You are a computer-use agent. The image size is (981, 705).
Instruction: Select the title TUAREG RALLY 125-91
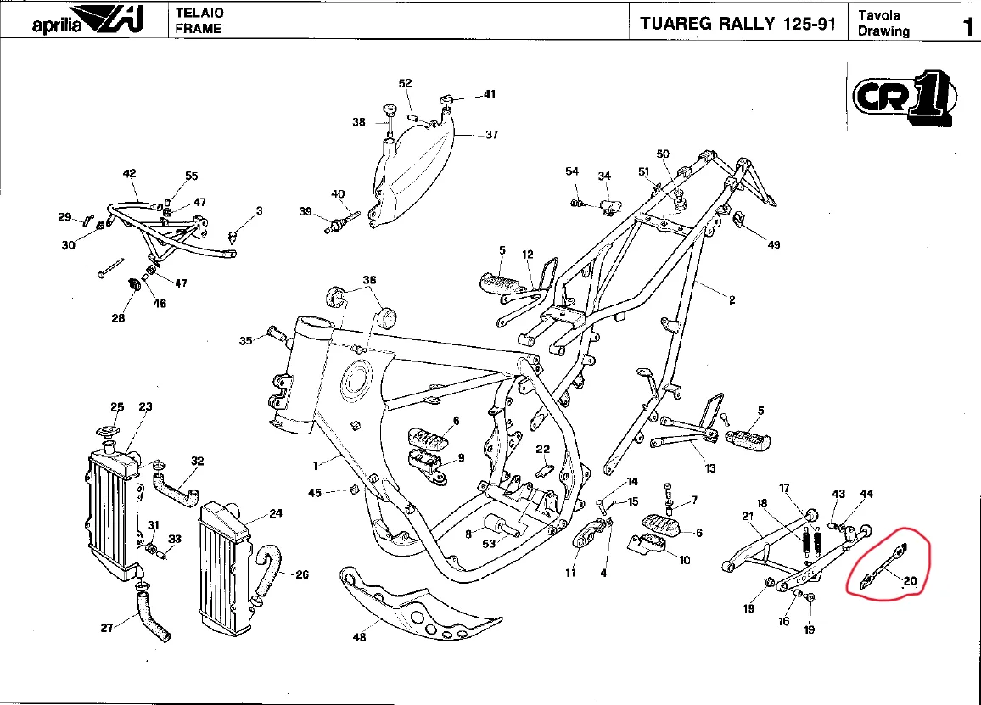pyautogui.click(x=737, y=23)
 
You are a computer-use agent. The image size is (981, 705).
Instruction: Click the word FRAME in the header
pyautogui.click(x=199, y=29)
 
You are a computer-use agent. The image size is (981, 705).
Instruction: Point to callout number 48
pyautogui.click(x=360, y=636)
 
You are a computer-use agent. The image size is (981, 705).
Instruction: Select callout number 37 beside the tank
pyautogui.click(x=491, y=135)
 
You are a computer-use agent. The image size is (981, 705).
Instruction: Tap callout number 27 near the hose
pyautogui.click(x=107, y=629)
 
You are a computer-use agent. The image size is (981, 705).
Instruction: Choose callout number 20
pyautogui.click(x=910, y=581)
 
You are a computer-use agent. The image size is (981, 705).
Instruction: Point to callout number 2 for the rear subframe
pyautogui.click(x=732, y=299)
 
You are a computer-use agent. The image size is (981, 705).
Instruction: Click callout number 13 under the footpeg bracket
pyautogui.click(x=710, y=468)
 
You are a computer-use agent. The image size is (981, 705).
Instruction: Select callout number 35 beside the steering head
pyautogui.click(x=246, y=341)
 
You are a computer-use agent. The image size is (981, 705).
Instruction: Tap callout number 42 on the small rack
pyautogui.click(x=129, y=174)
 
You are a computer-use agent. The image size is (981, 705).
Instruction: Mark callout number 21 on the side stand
pyautogui.click(x=748, y=516)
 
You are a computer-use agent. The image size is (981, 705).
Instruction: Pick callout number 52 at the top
pyautogui.click(x=406, y=83)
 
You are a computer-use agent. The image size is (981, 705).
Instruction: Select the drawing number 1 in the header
pyautogui.click(x=967, y=26)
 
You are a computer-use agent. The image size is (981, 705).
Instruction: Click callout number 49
pyautogui.click(x=773, y=245)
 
